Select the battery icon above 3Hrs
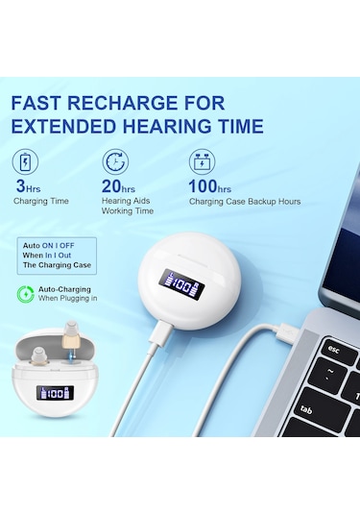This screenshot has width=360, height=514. point(25,162)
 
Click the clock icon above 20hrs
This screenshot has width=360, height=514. point(115,161)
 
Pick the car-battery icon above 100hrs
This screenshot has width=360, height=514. point(203,162)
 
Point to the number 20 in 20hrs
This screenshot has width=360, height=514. point(111,186)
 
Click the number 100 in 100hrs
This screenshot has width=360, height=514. point(203,186)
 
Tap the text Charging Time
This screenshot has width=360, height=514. point(41,201)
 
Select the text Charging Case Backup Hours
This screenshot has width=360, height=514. point(245,201)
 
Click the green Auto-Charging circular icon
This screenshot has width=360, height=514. point(26,294)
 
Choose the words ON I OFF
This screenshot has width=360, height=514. point(58,246)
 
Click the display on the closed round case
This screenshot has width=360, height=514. point(181,286)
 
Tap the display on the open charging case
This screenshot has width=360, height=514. point(55,393)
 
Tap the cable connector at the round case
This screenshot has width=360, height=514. point(160,332)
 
